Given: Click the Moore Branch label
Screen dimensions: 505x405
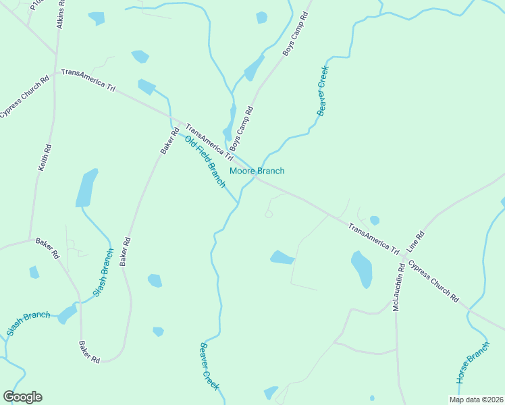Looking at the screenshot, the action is (x=257, y=171).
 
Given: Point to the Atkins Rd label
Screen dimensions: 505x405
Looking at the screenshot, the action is (x=61, y=11).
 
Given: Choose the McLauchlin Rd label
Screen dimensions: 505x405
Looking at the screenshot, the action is (x=398, y=287).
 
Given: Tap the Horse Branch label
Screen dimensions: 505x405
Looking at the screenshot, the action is (x=472, y=364).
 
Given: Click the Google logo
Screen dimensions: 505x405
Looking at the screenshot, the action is (x=22, y=397).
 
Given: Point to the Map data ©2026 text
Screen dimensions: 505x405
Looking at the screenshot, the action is (x=476, y=399).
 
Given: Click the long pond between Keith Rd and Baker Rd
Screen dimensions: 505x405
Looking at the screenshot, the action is (x=86, y=188).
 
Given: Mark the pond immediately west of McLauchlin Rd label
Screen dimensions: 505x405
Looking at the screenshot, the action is (x=362, y=269).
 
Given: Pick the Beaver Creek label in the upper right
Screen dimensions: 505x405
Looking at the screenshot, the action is (x=323, y=90).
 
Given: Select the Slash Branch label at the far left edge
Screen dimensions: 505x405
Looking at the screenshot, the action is (x=28, y=323).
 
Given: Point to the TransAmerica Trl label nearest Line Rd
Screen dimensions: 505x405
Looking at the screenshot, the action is (x=374, y=239).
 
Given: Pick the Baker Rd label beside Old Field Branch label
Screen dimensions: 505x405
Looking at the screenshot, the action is (x=169, y=141).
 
